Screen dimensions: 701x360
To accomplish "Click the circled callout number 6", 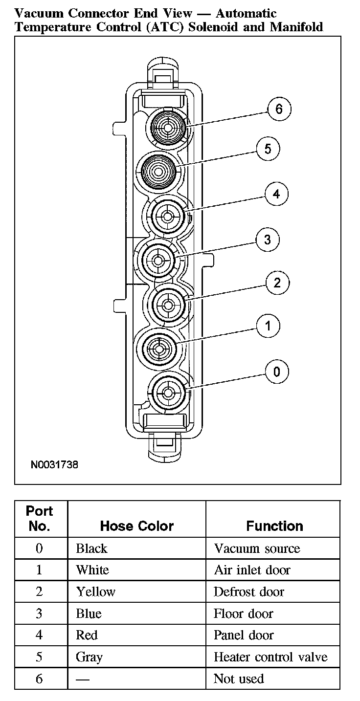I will pyautogui.click(x=279, y=109).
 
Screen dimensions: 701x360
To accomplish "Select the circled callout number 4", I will pyautogui.click(x=276, y=194).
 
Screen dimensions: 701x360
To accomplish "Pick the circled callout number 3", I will pyautogui.click(x=267, y=240).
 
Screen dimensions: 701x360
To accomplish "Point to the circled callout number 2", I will pyautogui.click(x=277, y=283).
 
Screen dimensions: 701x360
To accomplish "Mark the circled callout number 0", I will pyautogui.click(x=277, y=372).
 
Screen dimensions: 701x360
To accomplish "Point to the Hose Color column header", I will pyautogui.click(x=136, y=526).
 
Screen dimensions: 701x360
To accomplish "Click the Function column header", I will pyautogui.click(x=274, y=526).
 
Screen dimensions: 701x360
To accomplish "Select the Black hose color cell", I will pyautogui.click(x=91, y=548).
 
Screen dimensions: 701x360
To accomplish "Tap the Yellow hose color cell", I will pyautogui.click(x=95, y=592).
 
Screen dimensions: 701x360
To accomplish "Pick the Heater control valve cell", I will pyautogui.click(x=270, y=657).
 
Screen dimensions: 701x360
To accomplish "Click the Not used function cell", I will pyautogui.click(x=239, y=679).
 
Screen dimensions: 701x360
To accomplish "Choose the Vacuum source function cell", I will pyautogui.click(x=257, y=548).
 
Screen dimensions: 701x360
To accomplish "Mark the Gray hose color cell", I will pyautogui.click(x=89, y=657).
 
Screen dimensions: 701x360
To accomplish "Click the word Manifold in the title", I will pyautogui.click(x=296, y=26).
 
